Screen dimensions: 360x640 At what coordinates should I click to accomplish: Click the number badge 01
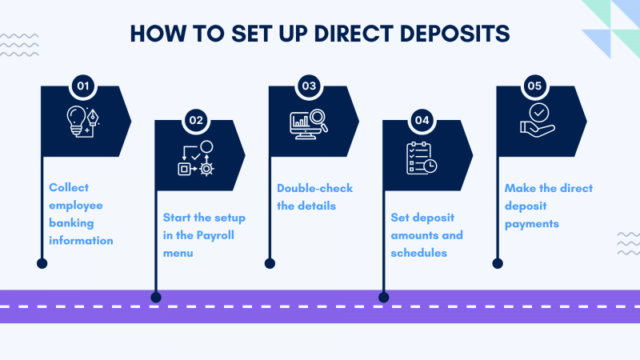81,84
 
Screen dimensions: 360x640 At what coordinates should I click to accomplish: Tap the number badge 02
195,120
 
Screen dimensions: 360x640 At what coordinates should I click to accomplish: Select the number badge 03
309,85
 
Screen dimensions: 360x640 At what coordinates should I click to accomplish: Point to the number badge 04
422,120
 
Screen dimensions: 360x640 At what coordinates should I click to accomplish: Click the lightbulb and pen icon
86,120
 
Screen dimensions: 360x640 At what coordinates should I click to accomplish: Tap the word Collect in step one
69,187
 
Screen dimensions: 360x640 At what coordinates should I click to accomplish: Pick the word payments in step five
531,223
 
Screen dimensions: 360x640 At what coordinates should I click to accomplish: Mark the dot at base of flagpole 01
42,262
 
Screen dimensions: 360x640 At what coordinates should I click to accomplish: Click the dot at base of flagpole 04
383,298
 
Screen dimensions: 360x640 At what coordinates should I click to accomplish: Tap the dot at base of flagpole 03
270,262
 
